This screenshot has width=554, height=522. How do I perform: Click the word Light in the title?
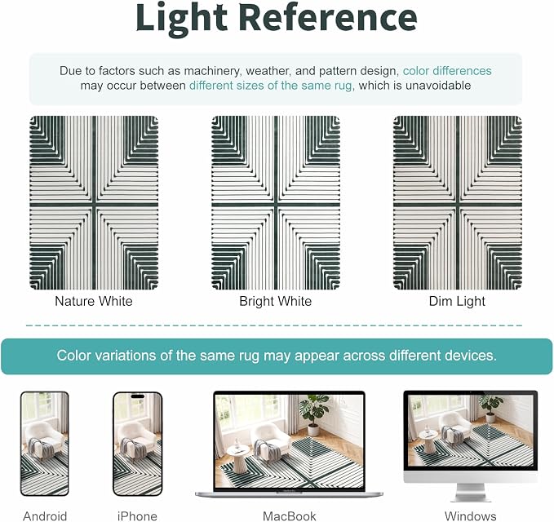[x=182, y=19]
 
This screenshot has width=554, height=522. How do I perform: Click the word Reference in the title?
[x=328, y=17]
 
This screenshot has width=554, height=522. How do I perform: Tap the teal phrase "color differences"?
[x=447, y=71]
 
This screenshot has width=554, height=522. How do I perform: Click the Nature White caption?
[x=94, y=301]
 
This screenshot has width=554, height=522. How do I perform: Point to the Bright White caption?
[x=275, y=301]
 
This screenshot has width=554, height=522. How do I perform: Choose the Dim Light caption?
[x=457, y=301]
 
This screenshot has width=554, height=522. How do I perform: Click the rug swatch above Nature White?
[x=94, y=203]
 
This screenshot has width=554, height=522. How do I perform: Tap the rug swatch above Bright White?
[x=276, y=203]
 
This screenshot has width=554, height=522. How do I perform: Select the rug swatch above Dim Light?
[x=458, y=203]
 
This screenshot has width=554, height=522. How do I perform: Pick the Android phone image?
[x=45, y=444]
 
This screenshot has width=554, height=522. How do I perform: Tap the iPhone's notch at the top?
[x=137, y=396]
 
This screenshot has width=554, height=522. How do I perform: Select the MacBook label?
[x=290, y=516]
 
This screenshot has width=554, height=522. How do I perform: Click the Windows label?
[x=470, y=516]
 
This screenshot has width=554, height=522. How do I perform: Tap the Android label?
[x=45, y=516]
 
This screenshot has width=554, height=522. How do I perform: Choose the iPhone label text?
[x=137, y=516]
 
